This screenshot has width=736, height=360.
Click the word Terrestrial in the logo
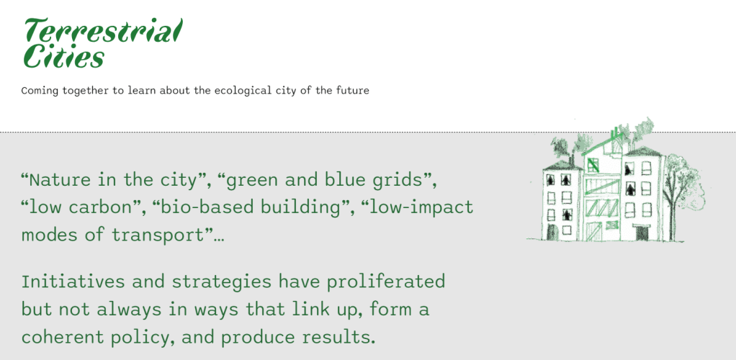click(103, 31)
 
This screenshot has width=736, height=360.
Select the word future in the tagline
click(353, 90)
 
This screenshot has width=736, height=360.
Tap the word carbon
click(110, 207)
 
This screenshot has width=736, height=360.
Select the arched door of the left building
click(552, 232)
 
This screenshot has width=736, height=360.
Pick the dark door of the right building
click(640, 233)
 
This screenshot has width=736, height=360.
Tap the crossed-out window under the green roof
click(593, 165)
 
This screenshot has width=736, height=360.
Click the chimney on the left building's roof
click(571, 160)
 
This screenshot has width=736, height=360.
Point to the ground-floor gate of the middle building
click(594, 231)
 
